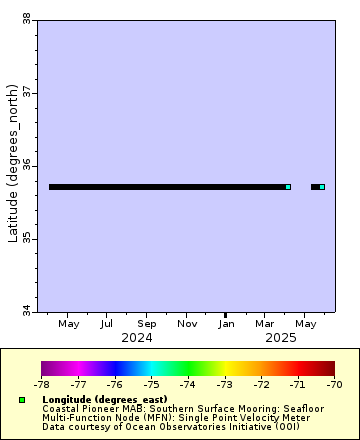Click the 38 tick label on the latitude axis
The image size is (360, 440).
(26, 18)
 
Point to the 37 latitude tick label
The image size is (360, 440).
(26, 92)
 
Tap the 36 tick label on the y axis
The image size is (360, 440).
(26, 165)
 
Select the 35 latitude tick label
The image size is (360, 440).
(26, 239)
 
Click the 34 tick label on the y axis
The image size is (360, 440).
(26, 312)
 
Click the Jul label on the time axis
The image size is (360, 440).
(107, 324)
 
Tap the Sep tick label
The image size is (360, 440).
(147, 324)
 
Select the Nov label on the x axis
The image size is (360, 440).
(187, 324)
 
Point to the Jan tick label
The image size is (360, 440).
(227, 324)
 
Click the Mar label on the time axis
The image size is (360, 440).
(265, 324)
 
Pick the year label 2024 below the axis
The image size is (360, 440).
(136, 338)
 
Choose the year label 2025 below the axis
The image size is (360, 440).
(281, 338)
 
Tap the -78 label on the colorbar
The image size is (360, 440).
(42, 383)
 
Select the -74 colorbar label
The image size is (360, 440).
(188, 383)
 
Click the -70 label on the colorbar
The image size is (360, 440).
(334, 383)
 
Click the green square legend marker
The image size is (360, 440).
(22, 399)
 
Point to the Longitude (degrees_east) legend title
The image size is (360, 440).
(104, 399)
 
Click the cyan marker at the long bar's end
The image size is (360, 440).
(288, 187)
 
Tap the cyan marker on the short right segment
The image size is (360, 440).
(322, 187)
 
